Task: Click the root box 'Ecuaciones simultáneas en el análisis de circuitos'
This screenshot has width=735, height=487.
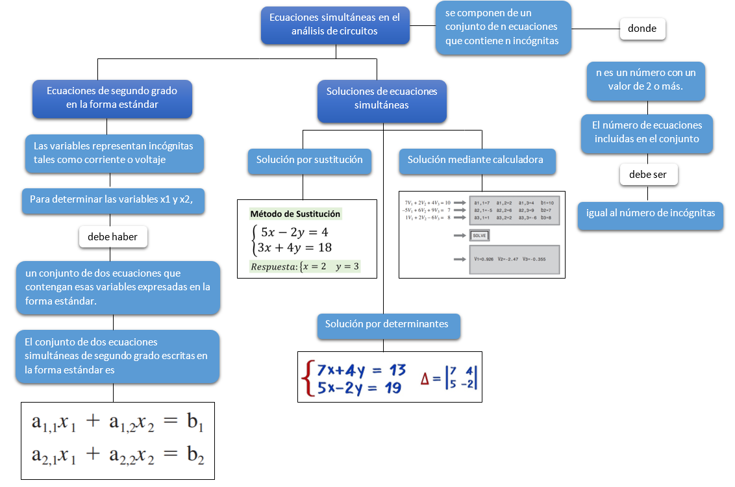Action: coord(335,25)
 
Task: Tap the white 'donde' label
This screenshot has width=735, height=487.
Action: coord(642,29)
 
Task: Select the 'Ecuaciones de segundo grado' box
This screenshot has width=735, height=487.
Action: coord(112,97)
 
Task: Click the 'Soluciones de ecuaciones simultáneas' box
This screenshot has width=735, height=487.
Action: coord(382,98)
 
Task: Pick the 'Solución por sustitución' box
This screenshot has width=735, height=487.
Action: coord(309,160)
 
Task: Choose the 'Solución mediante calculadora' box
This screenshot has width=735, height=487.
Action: coord(475,160)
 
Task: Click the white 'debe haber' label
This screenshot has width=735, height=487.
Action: coord(113,237)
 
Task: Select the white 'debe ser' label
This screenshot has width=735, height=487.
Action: coord(647,175)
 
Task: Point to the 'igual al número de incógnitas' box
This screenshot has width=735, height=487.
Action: coord(650,213)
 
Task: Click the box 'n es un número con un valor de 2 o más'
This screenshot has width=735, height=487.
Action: coord(645,80)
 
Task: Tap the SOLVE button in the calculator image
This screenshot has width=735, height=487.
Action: coord(479,235)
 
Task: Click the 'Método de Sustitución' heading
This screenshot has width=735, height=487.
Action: coord(295,214)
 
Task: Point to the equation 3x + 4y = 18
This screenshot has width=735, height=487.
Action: coord(295,247)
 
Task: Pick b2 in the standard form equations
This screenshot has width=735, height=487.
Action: coord(195,455)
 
